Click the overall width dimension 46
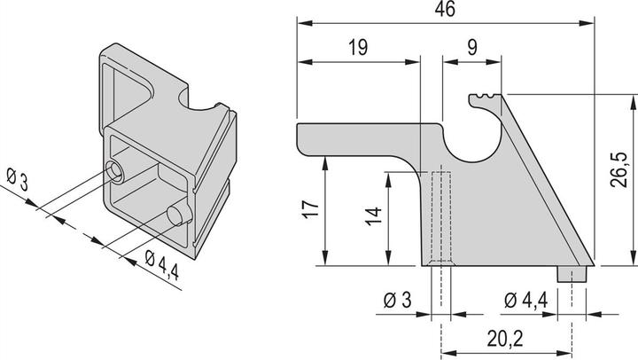[x=444, y=9]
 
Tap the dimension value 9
[x=472, y=49]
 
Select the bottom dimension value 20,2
[x=504, y=339]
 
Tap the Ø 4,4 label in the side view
[x=528, y=300]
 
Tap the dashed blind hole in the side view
[x=439, y=217]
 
